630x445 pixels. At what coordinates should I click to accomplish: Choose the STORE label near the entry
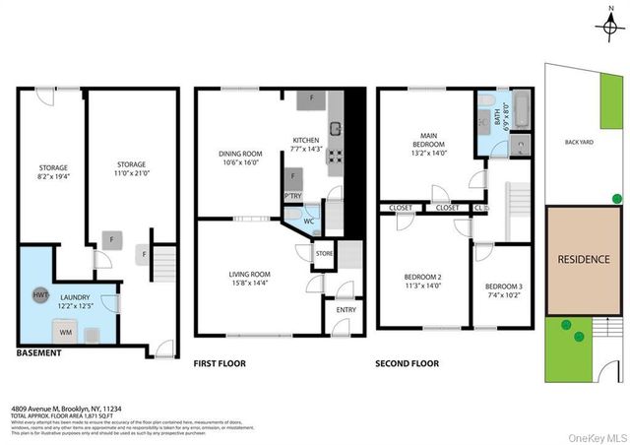coord(324,255)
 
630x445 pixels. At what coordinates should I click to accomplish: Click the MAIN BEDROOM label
coord(426,147)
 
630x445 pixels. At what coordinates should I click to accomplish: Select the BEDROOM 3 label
coord(502,289)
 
